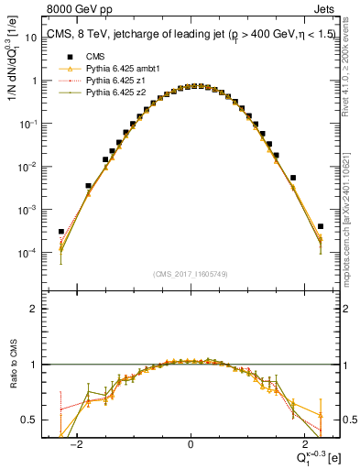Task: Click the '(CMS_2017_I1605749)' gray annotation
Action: point(191,274)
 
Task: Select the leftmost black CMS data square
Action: point(60,232)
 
